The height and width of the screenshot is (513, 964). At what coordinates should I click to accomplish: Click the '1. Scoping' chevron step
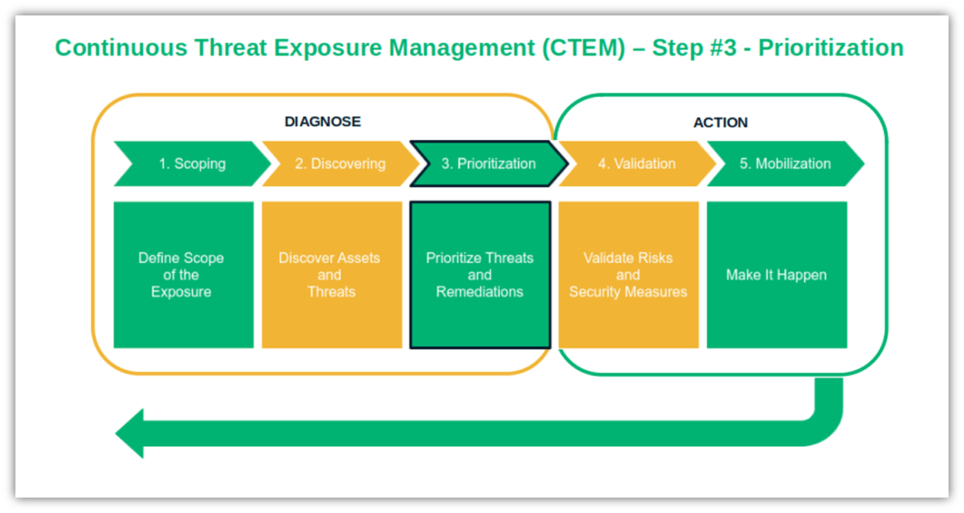(192, 164)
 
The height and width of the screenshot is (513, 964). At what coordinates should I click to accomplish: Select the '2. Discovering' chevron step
(340, 164)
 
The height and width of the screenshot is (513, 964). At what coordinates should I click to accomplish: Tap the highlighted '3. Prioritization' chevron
(489, 164)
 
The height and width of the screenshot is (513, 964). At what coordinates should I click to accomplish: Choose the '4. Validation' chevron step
(637, 164)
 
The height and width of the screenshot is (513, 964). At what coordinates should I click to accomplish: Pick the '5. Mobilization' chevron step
(785, 164)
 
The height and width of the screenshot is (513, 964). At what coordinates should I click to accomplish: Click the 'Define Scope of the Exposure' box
(183, 275)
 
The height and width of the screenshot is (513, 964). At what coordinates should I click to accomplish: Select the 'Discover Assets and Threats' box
(332, 275)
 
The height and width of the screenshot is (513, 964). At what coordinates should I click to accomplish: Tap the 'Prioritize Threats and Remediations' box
(480, 275)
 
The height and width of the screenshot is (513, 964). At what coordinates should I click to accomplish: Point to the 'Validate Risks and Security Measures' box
(629, 275)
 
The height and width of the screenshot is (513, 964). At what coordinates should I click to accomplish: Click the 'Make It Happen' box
(776, 275)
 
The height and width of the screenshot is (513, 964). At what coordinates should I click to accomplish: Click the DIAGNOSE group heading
(322, 122)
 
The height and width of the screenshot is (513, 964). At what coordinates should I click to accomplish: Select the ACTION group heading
(720, 122)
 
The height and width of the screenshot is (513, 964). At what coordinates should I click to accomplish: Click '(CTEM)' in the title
(592, 48)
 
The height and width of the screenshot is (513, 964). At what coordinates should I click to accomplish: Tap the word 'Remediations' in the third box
(480, 292)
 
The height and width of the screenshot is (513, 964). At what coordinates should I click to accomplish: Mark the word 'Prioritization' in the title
(831, 48)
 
